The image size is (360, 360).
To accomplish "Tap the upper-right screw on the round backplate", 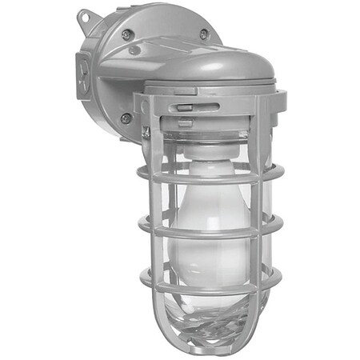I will (204, 34).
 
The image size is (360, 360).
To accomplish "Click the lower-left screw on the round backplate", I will (126, 118).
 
